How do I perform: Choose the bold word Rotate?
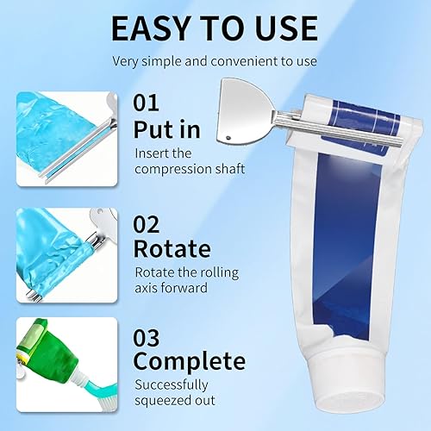point(172,249)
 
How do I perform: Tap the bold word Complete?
point(189,360)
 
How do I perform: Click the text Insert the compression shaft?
point(189,161)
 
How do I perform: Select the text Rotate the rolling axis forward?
point(184,279)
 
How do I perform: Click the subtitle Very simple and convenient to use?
point(215,61)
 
